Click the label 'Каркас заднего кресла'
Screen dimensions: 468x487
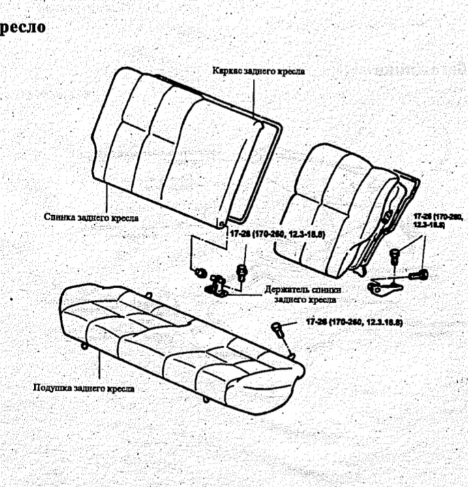click(x=258, y=70)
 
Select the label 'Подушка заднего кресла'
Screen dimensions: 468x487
click(x=84, y=388)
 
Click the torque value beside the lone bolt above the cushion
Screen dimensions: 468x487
click(x=355, y=322)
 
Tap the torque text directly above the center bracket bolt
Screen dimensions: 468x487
click(x=276, y=233)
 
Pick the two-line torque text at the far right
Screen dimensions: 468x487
click(x=438, y=220)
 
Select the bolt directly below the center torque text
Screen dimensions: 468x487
click(x=243, y=269)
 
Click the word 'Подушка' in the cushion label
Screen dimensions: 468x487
click(x=53, y=388)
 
